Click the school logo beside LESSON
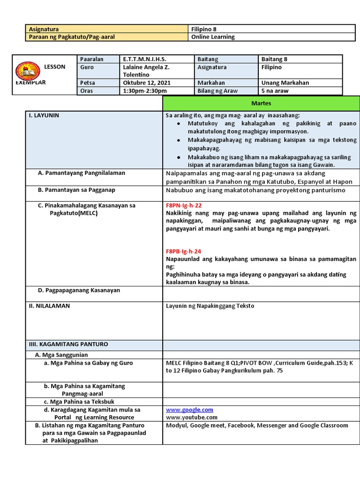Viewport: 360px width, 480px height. pos(29,71)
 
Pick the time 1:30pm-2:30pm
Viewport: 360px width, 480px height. pos(145,91)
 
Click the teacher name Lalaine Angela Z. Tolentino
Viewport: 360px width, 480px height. pos(146,71)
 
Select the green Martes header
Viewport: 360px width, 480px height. pos(261,103)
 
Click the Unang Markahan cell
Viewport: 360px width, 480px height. pos(285,83)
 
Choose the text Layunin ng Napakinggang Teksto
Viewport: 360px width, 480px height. pos(210,306)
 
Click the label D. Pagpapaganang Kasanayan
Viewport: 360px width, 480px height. pos(79,291)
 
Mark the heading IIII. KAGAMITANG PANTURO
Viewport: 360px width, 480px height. pos(68,344)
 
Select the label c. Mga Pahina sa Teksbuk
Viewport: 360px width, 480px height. pos(79,402)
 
